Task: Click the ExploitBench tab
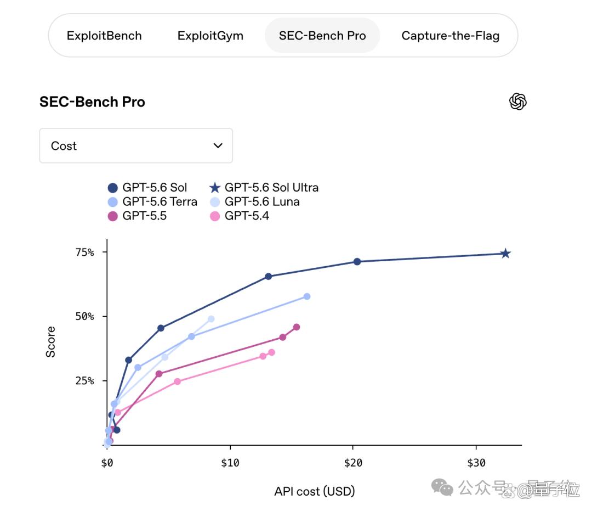pos(104,36)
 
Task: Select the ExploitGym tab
pos(210,36)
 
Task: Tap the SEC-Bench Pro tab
pos(322,36)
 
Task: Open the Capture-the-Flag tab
pos(450,36)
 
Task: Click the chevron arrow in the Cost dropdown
pos(218,145)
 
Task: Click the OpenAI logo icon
pos(517,102)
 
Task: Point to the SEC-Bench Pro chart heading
pos(92,102)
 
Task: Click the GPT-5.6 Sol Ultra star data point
pos(505,254)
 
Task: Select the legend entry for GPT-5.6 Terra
pos(152,202)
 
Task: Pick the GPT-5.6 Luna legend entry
pos(255,202)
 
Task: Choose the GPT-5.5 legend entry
pos(137,216)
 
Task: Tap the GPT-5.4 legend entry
pos(240,216)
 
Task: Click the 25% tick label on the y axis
pos(84,380)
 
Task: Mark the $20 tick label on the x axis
pos(353,463)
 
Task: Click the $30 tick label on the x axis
pos(476,463)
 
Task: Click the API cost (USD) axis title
pos(315,491)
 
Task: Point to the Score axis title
pos(50,342)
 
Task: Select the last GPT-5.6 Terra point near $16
pos(307,297)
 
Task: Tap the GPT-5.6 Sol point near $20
pos(357,262)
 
